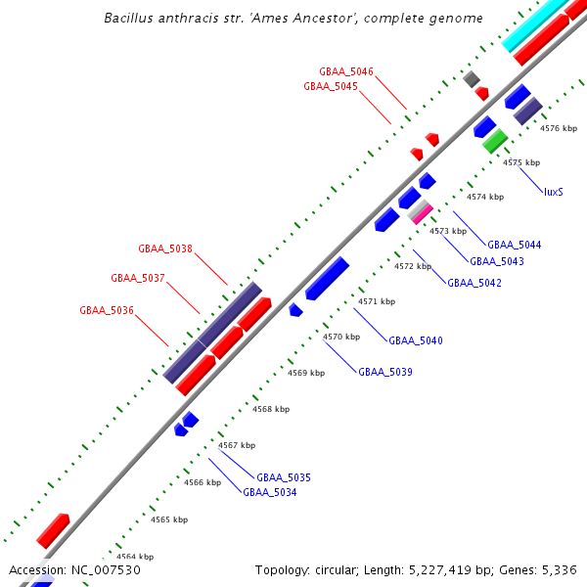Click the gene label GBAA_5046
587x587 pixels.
point(346,72)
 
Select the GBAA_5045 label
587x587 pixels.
point(331,86)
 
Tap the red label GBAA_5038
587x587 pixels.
point(165,248)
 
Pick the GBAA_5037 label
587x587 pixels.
point(138,278)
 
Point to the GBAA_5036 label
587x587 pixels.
point(107,311)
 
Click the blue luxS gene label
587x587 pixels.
point(553,192)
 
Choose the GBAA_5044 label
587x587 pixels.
point(515,245)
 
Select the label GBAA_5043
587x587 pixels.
point(497,261)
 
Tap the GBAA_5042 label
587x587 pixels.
point(474,283)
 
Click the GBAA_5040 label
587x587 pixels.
point(416,340)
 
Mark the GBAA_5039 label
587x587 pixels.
point(385,372)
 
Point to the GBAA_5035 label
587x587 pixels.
point(284,477)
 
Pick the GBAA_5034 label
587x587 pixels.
point(270,492)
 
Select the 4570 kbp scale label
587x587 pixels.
point(341,337)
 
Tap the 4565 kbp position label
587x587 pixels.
point(168,519)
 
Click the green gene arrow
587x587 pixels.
point(494,141)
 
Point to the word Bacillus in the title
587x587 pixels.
point(133,19)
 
